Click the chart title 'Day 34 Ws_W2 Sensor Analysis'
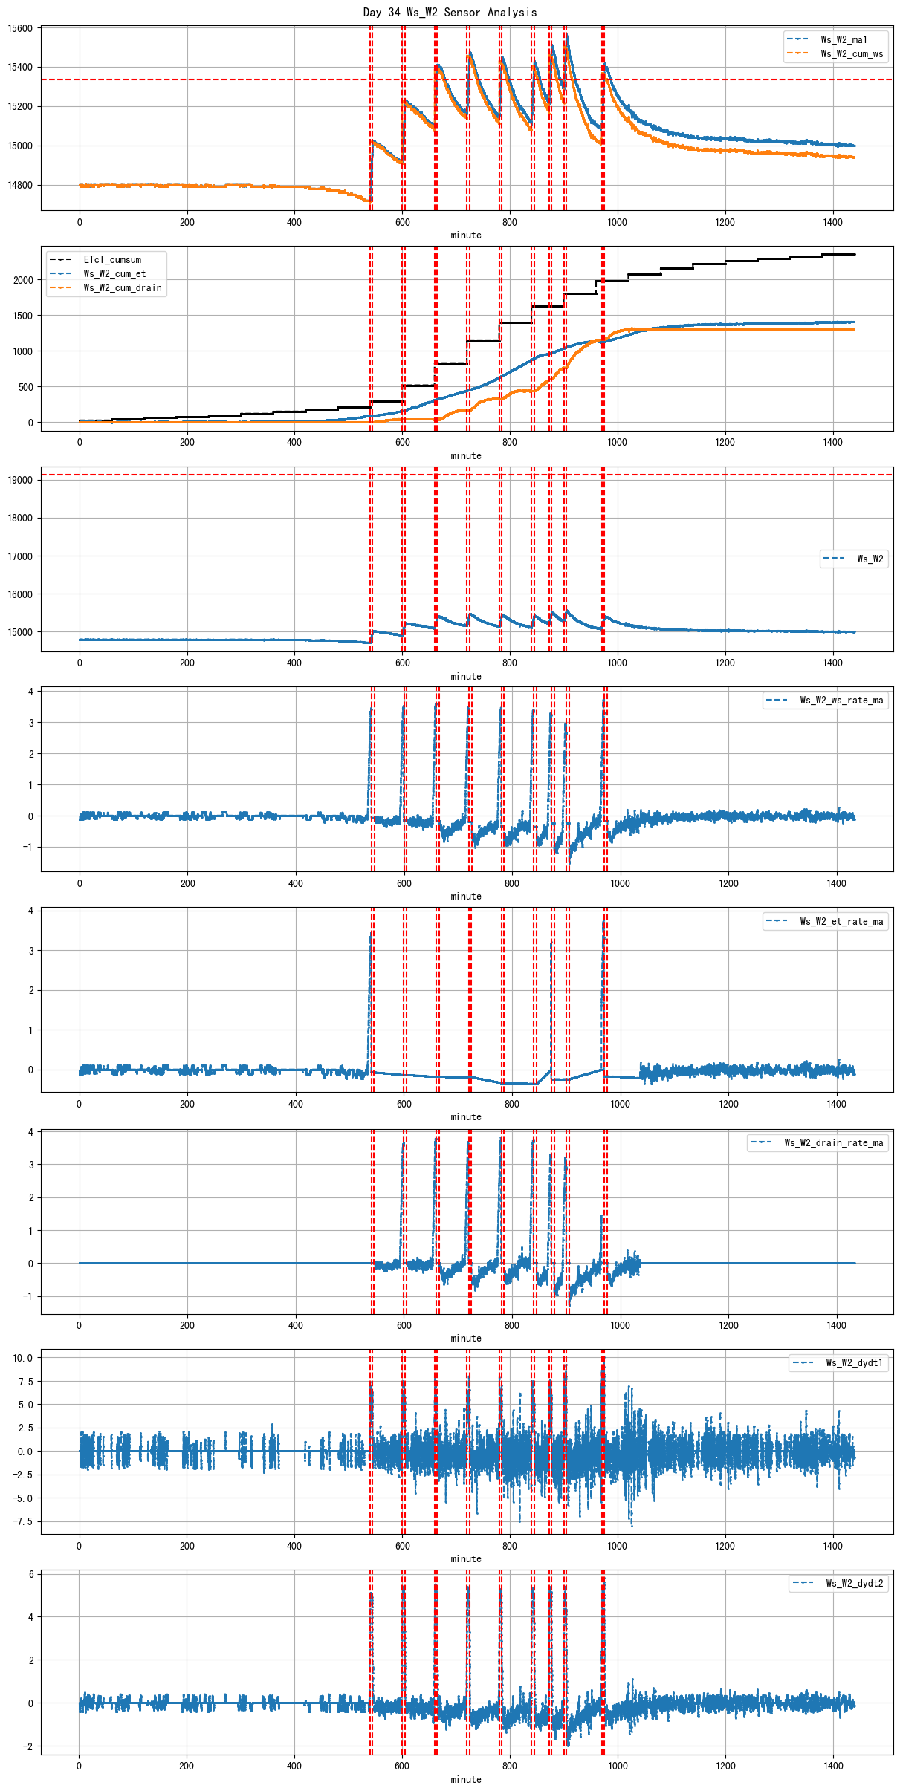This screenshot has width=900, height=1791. (x=450, y=12)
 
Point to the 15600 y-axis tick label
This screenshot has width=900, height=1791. (x=20, y=28)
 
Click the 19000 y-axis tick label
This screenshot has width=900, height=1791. (x=20, y=480)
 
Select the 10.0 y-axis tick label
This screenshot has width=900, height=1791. (x=22, y=1357)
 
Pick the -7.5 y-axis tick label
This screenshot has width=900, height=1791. (x=22, y=1521)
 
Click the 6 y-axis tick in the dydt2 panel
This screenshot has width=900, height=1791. (x=30, y=1574)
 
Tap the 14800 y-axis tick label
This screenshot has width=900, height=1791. (x=20, y=185)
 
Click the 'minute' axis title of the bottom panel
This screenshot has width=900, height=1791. (x=466, y=1779)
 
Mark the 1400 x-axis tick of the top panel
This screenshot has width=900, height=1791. (x=832, y=222)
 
